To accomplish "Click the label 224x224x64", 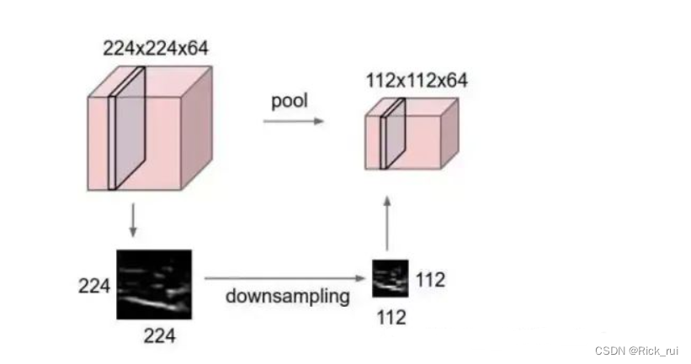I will coord(155,49).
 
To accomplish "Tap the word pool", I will coord(289,101).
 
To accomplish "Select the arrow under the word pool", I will coord(293,122).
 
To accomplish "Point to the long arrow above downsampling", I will coord(286,277).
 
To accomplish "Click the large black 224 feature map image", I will coord(153,284).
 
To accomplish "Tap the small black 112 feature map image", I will coord(391,277).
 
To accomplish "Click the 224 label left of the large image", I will coord(95,286).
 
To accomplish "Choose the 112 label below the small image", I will coord(391,318).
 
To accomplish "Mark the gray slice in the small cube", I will coord(392,135).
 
